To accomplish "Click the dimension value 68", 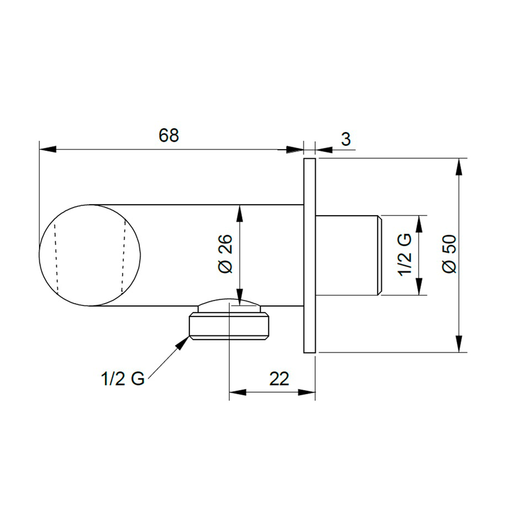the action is [x=169, y=135].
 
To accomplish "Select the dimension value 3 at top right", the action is [x=346, y=139].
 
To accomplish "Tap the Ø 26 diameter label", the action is [x=225, y=254].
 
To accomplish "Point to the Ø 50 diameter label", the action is [x=449, y=254].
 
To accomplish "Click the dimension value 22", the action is [x=279, y=378].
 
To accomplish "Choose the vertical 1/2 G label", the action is [x=405, y=255].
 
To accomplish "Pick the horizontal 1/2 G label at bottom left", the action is [x=123, y=379].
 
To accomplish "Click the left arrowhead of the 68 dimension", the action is [x=48, y=150].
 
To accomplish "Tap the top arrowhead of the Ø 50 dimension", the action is [x=459, y=167].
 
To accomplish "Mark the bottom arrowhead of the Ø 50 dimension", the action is [x=459, y=344].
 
